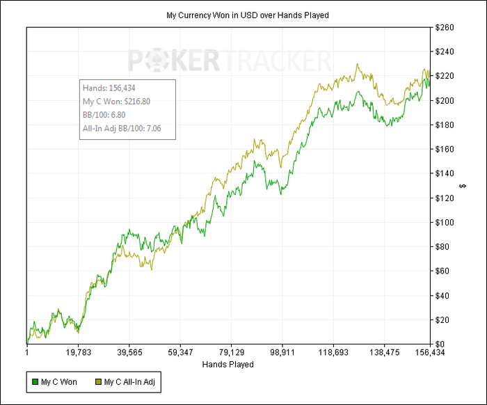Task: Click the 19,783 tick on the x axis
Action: (x=79, y=354)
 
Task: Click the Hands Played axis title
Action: (x=227, y=364)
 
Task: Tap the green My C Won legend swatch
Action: (x=35, y=381)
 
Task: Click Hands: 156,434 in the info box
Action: (x=109, y=88)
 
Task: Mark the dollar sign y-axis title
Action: (x=463, y=186)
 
